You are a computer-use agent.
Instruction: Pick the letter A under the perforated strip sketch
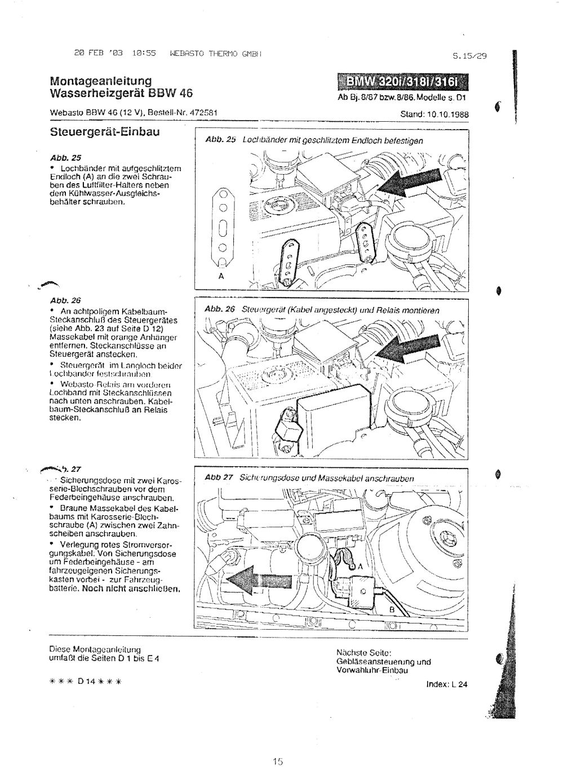221,277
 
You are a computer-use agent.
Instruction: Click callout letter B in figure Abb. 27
392,609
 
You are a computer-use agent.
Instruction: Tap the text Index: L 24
449,684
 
